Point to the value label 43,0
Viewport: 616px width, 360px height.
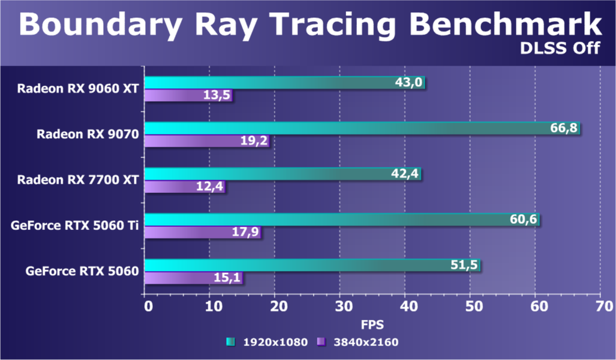[409, 83]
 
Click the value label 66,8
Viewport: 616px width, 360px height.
[564, 128]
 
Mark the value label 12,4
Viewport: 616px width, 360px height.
[209, 187]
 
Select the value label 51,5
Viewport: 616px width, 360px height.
[464, 265]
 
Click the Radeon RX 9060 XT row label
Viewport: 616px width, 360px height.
[78, 89]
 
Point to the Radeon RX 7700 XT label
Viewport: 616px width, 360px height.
[78, 180]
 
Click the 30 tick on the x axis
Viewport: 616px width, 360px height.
[340, 307]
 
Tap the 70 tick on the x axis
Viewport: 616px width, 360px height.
[600, 307]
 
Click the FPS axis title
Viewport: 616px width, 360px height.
[372, 325]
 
